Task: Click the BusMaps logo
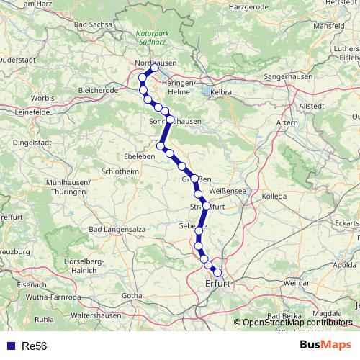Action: (325, 345)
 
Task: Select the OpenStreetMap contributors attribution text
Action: (297, 323)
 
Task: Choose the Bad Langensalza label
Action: (113, 229)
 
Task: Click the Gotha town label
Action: (132, 295)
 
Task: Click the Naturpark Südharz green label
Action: (153, 37)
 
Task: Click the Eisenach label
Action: (27, 285)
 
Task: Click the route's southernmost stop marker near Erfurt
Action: (217, 272)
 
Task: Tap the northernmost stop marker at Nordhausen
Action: (153, 68)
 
